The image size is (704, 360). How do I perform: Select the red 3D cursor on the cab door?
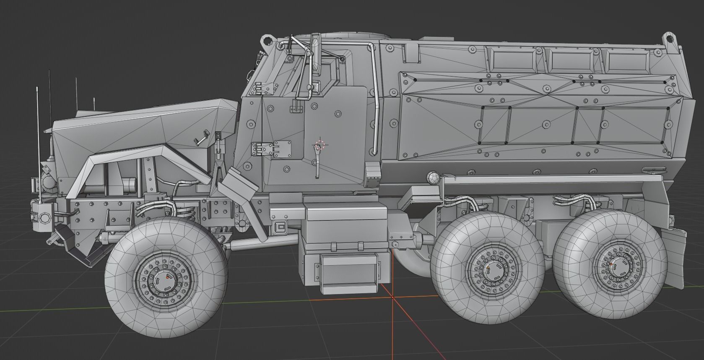(x=320, y=145)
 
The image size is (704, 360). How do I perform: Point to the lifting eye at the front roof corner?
(x=266, y=41)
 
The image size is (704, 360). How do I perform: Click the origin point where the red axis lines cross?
(x=392, y=297)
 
